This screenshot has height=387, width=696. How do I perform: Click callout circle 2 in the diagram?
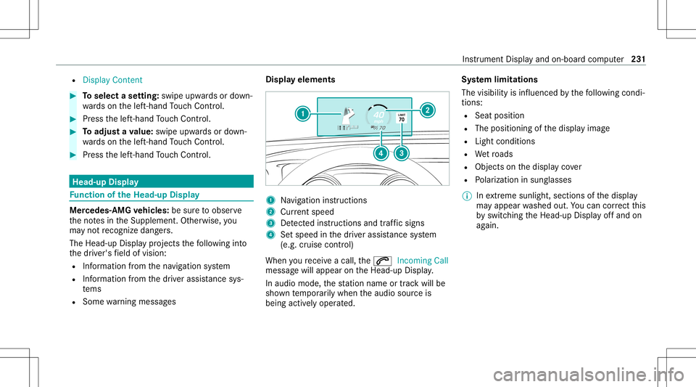[x=427, y=109]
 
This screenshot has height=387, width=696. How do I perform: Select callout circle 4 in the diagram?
[x=380, y=153]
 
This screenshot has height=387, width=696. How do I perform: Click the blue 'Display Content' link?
[x=112, y=79]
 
